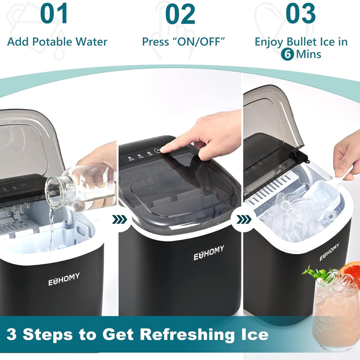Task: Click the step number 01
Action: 54,13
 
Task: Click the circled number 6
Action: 287,54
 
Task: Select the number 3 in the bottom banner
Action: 11,334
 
